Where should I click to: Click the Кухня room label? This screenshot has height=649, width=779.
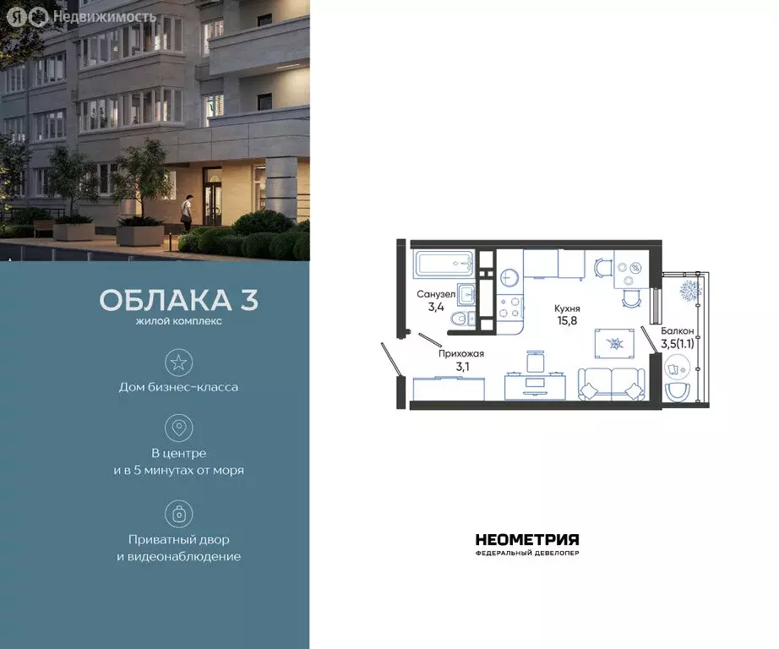point(567,308)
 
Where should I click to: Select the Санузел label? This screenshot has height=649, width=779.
point(435,294)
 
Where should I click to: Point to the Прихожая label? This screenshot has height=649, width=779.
point(460,354)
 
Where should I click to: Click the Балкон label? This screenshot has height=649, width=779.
point(678,331)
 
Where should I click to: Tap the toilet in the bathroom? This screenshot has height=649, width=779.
point(458,318)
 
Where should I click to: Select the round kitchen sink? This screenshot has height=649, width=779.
point(509,276)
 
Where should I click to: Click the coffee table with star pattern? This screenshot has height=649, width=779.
point(616,343)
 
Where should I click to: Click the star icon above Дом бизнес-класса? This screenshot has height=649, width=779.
point(178,363)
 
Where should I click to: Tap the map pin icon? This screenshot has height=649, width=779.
point(178,428)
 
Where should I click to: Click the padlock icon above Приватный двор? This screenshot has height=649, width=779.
point(178,513)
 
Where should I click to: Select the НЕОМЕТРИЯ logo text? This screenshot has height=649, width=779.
point(527,540)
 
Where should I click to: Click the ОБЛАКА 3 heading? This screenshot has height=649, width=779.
point(178,301)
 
